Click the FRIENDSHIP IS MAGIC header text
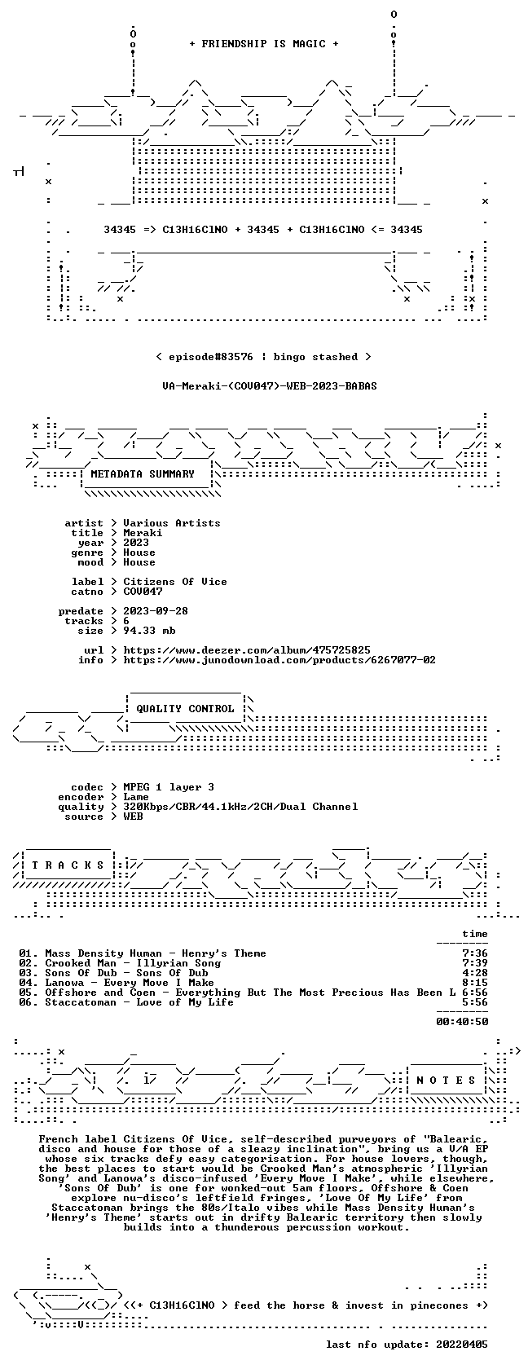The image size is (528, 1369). click(x=263, y=44)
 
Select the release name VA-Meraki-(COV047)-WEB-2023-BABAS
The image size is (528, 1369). click(x=270, y=386)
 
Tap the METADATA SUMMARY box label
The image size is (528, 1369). click(x=143, y=474)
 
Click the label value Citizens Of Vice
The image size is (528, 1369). click(x=174, y=582)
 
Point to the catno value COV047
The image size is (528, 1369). click(x=143, y=592)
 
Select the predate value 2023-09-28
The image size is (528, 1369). click(x=156, y=611)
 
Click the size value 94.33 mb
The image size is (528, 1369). click(x=149, y=631)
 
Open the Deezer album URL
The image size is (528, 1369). click(x=247, y=650)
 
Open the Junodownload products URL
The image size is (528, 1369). click(x=279, y=660)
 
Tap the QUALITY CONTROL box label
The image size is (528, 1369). click(x=185, y=709)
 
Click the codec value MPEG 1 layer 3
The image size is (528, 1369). click(x=169, y=787)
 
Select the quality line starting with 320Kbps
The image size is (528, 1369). click(x=240, y=807)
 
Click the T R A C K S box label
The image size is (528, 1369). click(x=68, y=865)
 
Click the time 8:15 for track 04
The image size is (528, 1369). click(x=475, y=983)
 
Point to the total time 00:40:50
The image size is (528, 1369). click(x=462, y=1022)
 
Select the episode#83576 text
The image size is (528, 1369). click(x=211, y=357)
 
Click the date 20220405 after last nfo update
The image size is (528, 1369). click(x=462, y=1345)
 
